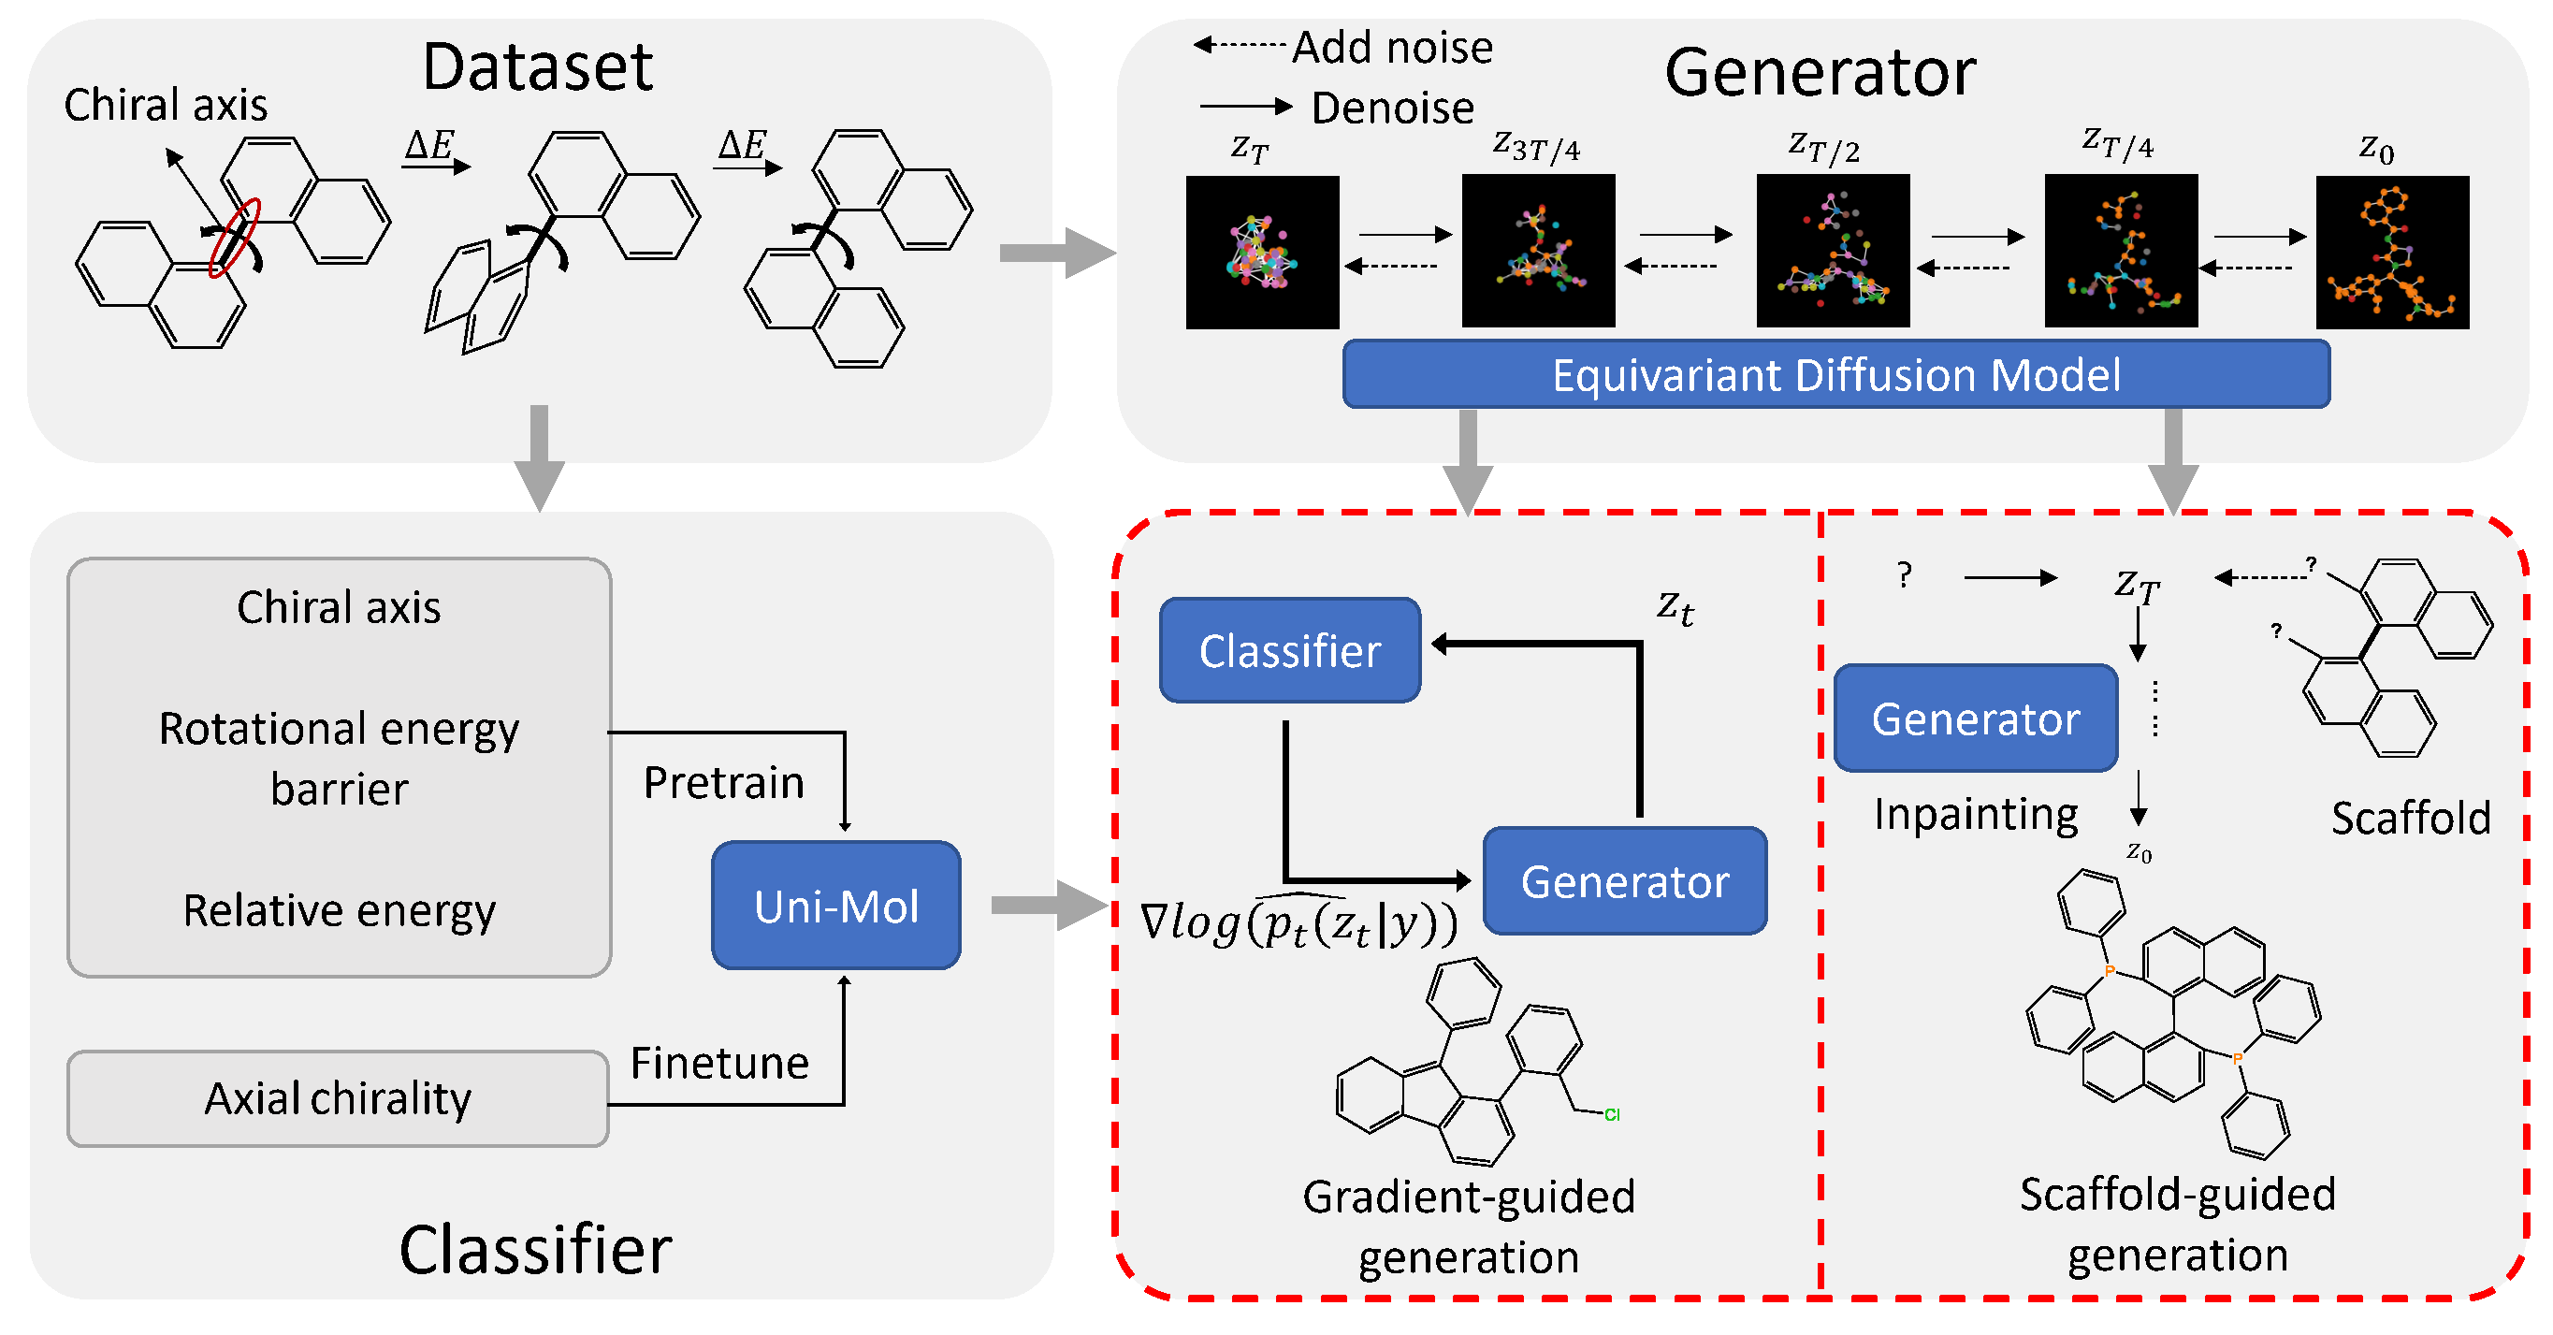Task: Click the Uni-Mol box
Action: (835, 905)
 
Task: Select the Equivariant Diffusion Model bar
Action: (1835, 374)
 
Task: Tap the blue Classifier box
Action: (1289, 651)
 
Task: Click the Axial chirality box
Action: (338, 1098)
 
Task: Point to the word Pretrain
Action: (723, 783)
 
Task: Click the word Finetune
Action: (719, 1064)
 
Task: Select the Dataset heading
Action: (537, 67)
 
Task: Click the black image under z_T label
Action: (1262, 252)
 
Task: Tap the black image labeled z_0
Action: (2391, 252)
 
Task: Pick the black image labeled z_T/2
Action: (1833, 251)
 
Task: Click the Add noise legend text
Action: (1391, 48)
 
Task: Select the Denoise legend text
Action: (1391, 108)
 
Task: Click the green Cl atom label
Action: (1612, 1115)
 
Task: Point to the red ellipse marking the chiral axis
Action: (234, 237)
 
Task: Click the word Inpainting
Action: (1975, 815)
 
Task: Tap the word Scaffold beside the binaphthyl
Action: (2409, 819)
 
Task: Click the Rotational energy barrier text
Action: (339, 758)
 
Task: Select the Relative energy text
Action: (339, 910)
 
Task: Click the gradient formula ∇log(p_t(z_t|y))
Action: (1298, 921)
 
